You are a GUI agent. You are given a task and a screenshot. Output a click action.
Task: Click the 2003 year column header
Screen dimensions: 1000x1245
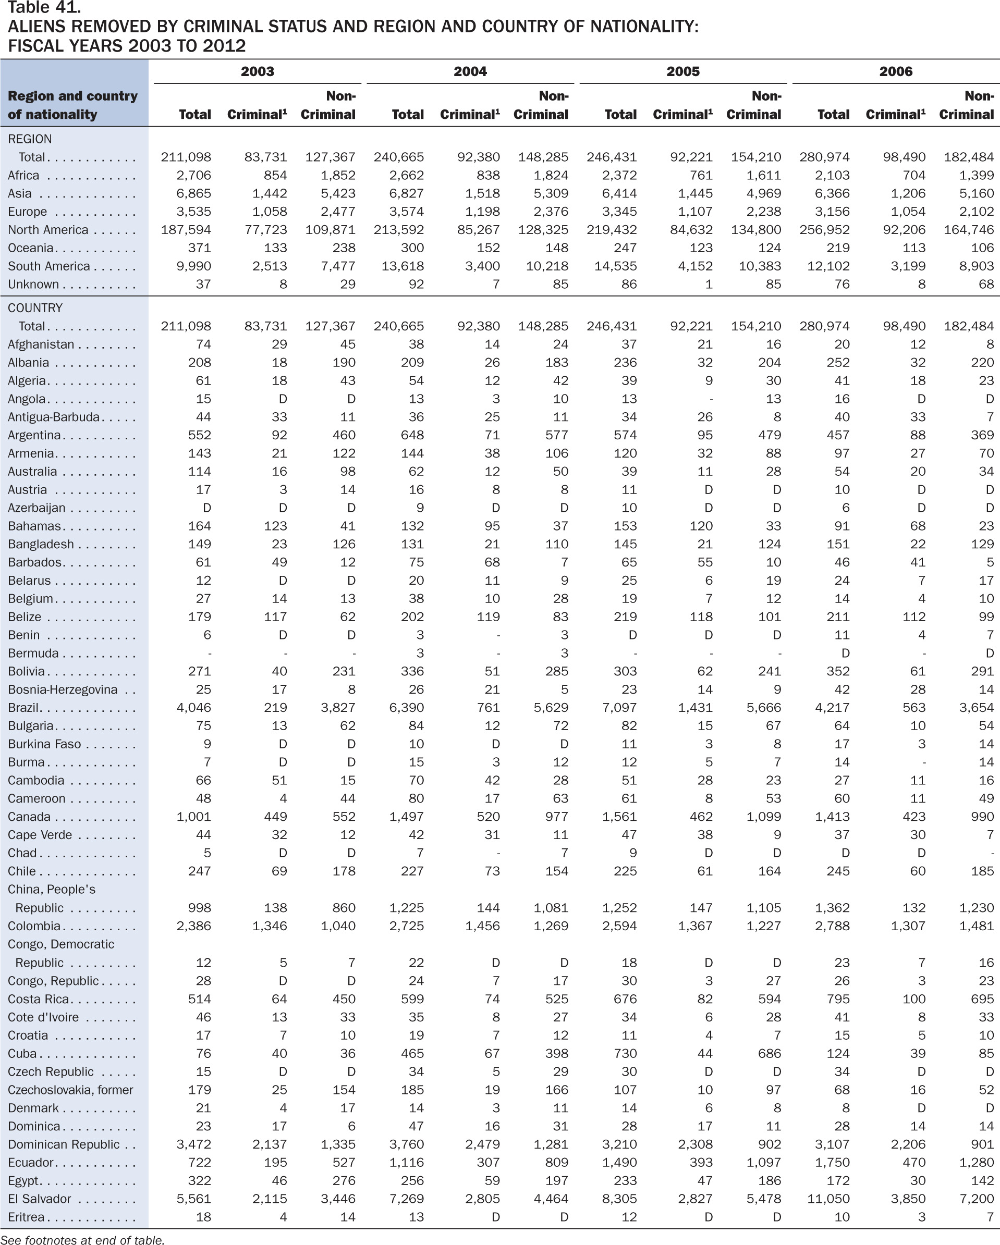click(x=257, y=71)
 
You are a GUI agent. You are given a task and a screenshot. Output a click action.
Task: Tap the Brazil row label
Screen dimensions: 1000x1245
click(x=23, y=708)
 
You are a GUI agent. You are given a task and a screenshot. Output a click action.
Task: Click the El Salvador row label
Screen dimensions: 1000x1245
click(x=39, y=1199)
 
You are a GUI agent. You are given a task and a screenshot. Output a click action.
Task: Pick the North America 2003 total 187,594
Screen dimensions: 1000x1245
click(x=186, y=230)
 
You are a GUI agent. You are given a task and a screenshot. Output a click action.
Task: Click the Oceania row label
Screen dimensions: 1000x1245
click(x=31, y=248)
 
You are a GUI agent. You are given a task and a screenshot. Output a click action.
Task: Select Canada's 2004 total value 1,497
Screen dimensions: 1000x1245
click(x=407, y=817)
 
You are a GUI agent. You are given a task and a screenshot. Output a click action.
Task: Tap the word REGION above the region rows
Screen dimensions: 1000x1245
click(x=30, y=139)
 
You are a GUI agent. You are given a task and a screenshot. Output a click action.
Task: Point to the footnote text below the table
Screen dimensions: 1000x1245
click(x=82, y=1239)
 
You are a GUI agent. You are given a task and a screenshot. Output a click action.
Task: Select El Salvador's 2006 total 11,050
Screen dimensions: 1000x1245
click(x=828, y=1199)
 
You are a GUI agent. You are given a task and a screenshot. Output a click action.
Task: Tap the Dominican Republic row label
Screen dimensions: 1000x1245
click(x=64, y=1144)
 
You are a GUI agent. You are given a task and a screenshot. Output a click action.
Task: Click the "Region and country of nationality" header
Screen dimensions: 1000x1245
click(x=73, y=105)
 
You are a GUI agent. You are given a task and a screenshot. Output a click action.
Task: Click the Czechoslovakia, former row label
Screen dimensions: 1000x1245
click(x=70, y=1090)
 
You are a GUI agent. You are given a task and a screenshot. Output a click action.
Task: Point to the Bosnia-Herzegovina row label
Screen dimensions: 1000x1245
click(x=63, y=690)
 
